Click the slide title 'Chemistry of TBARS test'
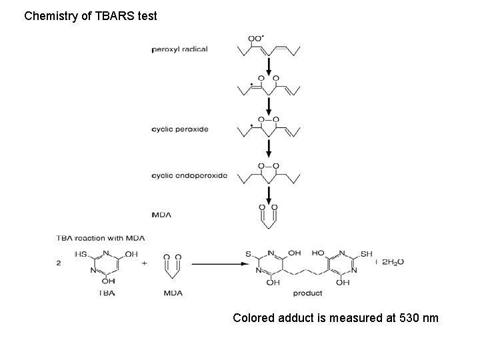tap(91, 15)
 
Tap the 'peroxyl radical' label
tap(180, 49)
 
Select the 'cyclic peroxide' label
tap(181, 129)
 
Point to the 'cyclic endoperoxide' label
tap(190, 176)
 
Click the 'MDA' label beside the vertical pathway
tap(162, 214)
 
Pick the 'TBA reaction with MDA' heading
tap(101, 238)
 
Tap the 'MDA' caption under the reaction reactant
tap(175, 293)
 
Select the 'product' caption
tap(307, 293)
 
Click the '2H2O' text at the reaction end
tap(391, 262)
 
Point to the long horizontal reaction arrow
tap(217, 263)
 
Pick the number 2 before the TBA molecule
tap(60, 262)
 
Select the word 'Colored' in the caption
tap(254, 318)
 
